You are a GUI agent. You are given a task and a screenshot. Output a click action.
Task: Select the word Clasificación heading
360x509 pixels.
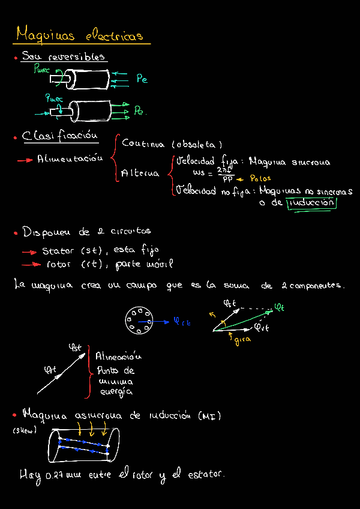click(60, 137)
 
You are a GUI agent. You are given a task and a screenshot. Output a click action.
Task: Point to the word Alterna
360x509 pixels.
click(140, 173)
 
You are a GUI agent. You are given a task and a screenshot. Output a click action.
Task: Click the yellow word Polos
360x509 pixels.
click(260, 178)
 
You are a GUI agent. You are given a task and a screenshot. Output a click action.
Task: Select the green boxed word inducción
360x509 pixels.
click(311, 203)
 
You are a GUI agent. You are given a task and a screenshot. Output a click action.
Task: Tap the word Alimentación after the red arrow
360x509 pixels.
click(70, 160)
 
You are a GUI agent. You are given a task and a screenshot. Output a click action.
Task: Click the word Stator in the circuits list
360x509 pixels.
click(58, 251)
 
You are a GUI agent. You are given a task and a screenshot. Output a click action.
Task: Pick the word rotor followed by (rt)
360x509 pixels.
click(59, 264)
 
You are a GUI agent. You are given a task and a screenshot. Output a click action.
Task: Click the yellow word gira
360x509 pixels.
click(242, 341)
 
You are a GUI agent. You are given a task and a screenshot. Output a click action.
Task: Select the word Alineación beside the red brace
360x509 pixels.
click(118, 357)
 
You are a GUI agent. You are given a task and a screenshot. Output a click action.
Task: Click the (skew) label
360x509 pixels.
click(25, 430)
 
